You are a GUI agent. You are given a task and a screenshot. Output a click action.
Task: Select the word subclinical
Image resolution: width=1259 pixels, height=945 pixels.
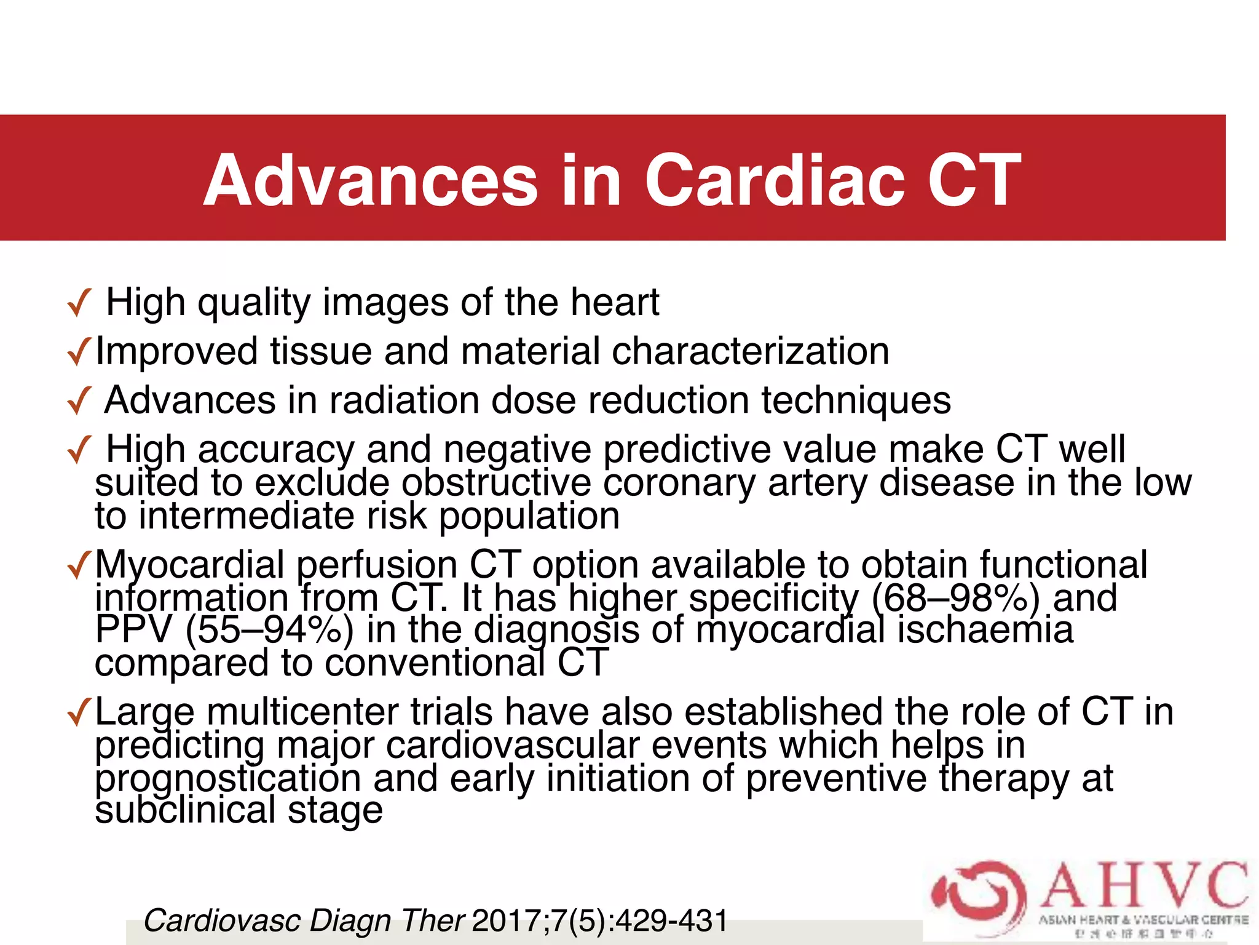coord(185,810)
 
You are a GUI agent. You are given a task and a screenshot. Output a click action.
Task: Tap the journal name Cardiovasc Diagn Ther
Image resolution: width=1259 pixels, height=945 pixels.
coord(304,921)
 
